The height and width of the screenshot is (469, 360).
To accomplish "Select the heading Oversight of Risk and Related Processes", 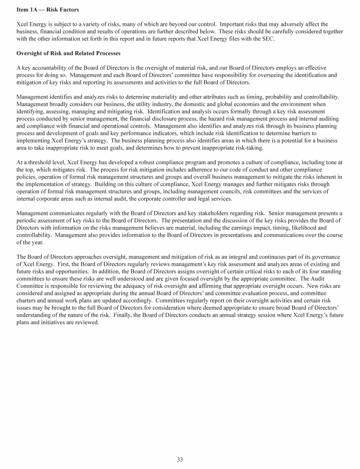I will [68, 53].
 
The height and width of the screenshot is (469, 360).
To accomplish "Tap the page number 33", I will [180, 460].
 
